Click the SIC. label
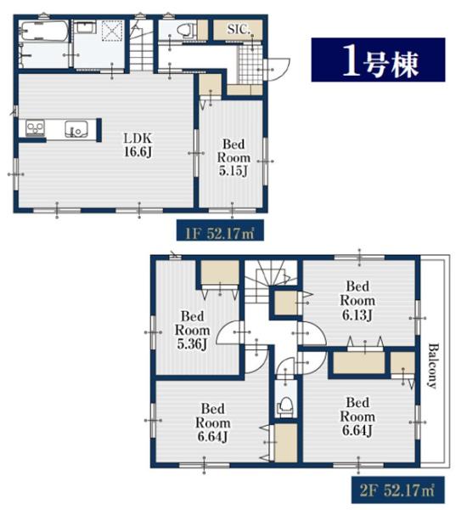(239, 29)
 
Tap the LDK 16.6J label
(138, 145)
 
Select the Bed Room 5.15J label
(233, 157)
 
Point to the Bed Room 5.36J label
(192, 330)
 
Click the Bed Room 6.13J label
(357, 300)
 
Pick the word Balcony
(432, 365)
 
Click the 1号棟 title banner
(378, 59)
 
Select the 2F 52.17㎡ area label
(397, 490)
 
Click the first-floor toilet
(186, 31)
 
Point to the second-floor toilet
(285, 407)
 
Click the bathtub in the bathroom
(44, 31)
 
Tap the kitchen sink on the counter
(76, 129)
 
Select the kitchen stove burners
(36, 127)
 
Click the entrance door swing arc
(277, 69)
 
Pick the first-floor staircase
(141, 46)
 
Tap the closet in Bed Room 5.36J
(220, 273)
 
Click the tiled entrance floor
(250, 65)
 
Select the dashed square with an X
(112, 31)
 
